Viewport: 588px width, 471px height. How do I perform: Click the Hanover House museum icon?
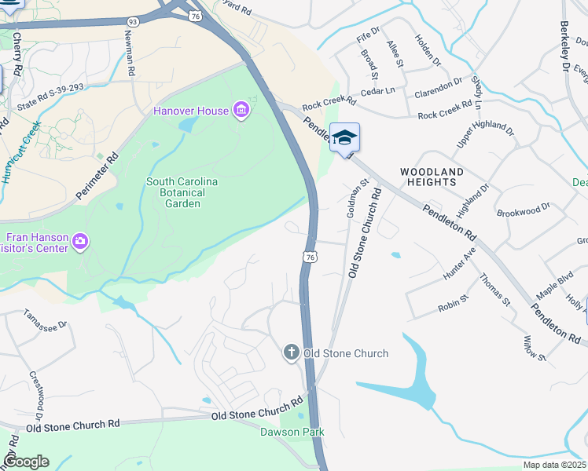click(241, 110)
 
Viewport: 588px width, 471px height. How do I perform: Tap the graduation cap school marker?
click(344, 138)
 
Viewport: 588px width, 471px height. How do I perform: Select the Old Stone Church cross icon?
click(292, 352)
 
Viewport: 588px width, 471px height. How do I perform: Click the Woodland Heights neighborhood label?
click(432, 176)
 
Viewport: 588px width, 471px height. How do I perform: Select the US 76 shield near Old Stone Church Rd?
click(311, 257)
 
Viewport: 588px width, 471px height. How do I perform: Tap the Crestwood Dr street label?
click(37, 396)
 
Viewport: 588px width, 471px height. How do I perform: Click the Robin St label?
click(454, 302)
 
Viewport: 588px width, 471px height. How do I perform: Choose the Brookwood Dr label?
click(524, 212)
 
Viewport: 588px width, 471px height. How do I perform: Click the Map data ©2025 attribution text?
click(554, 465)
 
